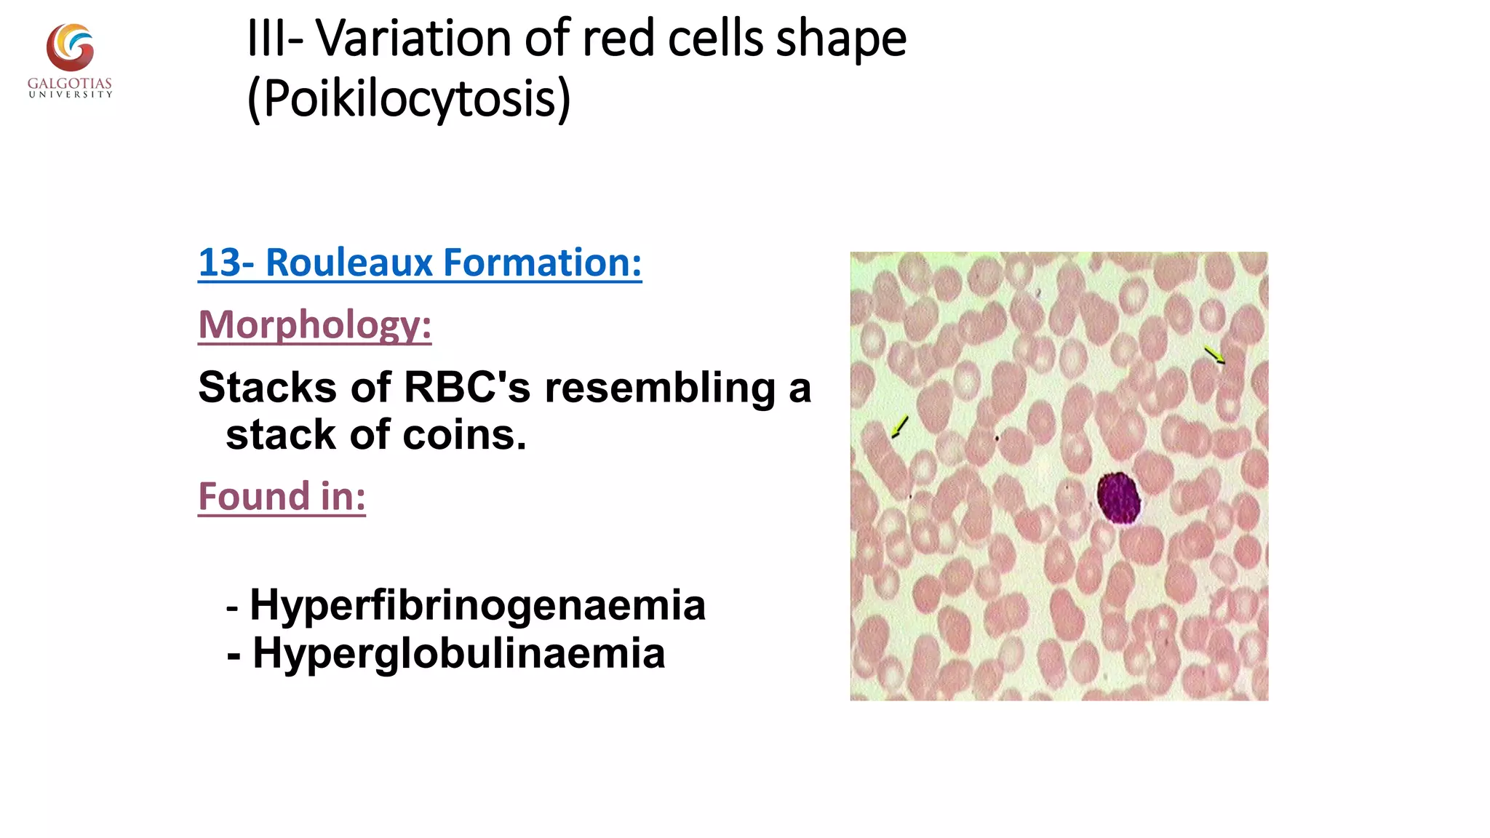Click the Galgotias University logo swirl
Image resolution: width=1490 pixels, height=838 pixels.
click(x=70, y=47)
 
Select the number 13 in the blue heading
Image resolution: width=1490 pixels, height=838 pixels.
click(x=219, y=263)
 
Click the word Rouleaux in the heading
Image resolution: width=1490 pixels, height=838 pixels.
click(x=350, y=263)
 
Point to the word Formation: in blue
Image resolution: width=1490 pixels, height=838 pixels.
click(x=542, y=263)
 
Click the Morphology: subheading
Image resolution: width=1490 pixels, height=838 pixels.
click(x=315, y=324)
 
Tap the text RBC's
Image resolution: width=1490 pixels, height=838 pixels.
click(x=466, y=387)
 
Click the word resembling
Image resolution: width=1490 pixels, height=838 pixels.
click(x=660, y=387)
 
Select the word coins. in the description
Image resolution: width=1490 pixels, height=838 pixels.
click(x=464, y=435)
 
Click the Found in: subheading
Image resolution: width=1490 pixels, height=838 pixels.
click(x=282, y=497)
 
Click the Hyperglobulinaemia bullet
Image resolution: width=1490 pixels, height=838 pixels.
click(x=458, y=653)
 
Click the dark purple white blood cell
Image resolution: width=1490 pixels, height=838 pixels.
click(x=1118, y=498)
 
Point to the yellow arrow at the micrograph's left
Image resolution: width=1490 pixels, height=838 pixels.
click(x=900, y=427)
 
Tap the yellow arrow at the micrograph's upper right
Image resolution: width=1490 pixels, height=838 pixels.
click(x=1214, y=355)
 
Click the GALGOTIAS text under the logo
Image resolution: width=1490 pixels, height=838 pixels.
click(x=70, y=84)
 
